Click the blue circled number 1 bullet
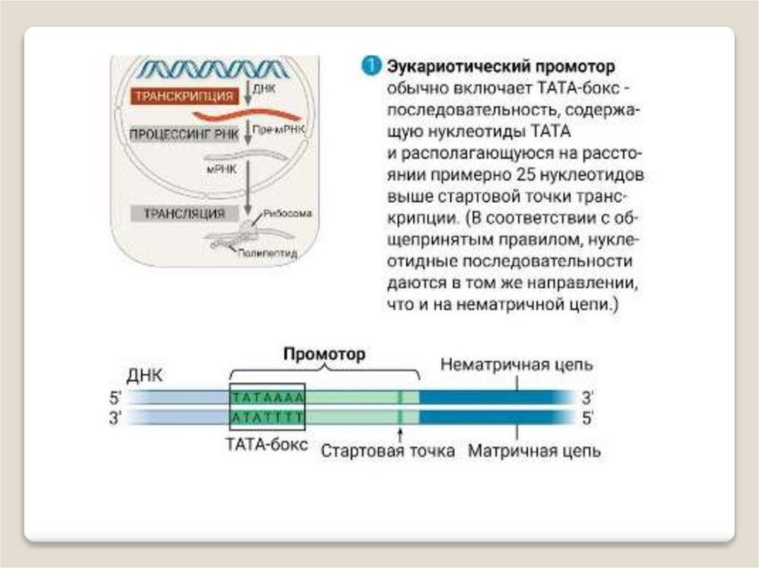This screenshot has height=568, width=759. [371, 67]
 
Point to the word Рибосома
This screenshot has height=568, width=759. [286, 213]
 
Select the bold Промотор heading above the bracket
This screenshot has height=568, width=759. [325, 355]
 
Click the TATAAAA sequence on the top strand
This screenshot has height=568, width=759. [268, 397]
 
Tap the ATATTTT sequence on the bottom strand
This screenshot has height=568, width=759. [268, 417]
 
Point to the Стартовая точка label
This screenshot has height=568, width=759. [388, 451]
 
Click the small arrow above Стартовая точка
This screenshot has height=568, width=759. [400, 433]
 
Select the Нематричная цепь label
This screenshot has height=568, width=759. [517, 366]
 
